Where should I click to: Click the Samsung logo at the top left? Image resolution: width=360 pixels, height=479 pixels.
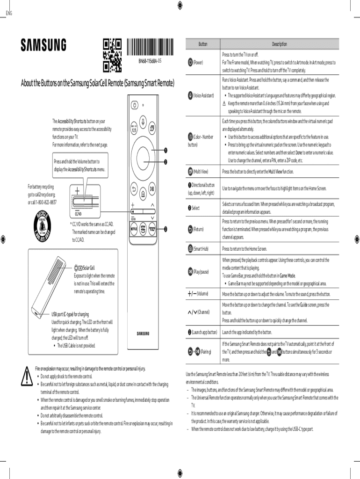coord(43,45)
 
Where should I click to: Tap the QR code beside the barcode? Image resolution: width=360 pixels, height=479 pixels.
coord(112,56)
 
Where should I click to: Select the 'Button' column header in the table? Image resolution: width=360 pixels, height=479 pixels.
coord(203,44)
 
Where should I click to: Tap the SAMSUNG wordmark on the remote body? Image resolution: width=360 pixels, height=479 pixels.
coord(143,334)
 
